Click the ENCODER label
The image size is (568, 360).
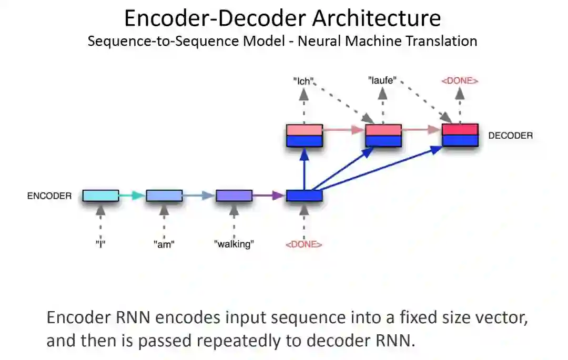[49, 196]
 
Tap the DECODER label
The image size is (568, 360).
[510, 136]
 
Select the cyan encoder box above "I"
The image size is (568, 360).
[100, 196]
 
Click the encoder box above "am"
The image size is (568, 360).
[164, 196]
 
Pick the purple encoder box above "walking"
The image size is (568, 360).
[234, 196]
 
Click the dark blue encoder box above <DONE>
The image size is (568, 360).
[304, 196]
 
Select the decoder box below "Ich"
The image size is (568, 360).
[304, 136]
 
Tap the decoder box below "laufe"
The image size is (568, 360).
[383, 136]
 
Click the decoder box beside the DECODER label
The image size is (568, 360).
[460, 136]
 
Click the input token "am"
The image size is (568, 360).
[164, 244]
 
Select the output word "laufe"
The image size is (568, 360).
[381, 81]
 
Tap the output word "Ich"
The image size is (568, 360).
[303, 81]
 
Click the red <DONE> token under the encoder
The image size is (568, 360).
[303, 244]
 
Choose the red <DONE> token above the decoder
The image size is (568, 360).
[460, 81]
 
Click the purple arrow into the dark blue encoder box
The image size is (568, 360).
[269, 196]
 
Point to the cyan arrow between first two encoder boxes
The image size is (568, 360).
[131, 196]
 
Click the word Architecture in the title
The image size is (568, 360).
[377, 18]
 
